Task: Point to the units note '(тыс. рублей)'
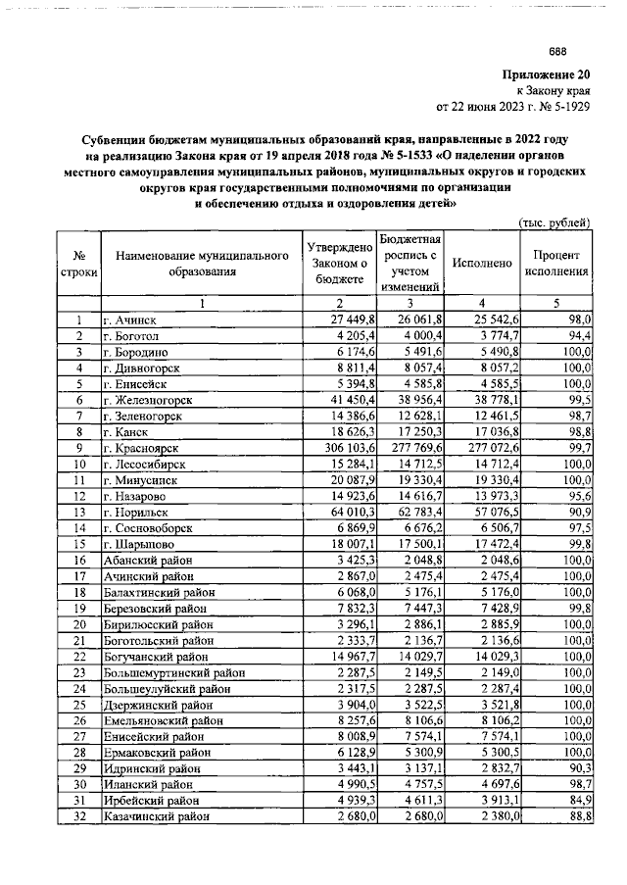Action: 554,224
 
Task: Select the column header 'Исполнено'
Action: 482,264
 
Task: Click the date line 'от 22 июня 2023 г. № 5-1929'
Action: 513,104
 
